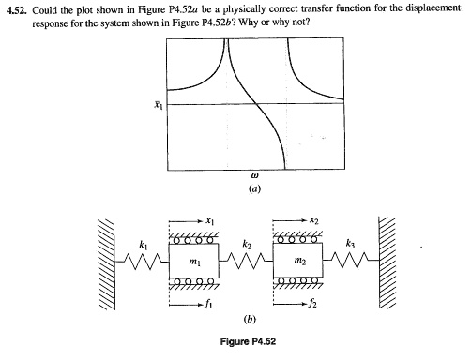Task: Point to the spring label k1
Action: coord(143,245)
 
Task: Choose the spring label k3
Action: coord(350,245)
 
